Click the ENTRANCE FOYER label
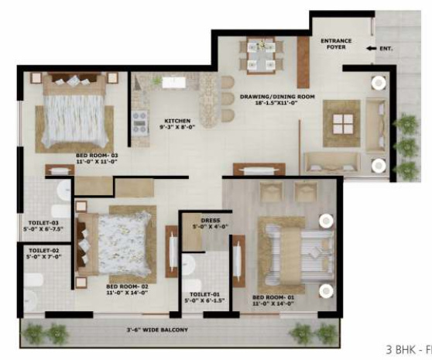point(338,43)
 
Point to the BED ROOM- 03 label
point(97,156)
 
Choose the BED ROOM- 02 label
point(126,286)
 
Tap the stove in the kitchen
point(140,122)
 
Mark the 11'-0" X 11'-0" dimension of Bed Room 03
point(97,163)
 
